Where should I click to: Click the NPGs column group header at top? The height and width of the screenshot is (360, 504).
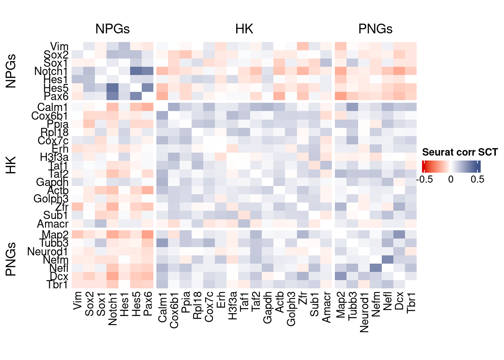112,29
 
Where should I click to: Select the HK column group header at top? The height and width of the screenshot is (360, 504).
244,29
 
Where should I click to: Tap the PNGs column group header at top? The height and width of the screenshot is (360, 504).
375,29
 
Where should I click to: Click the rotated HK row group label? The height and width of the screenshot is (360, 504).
11,165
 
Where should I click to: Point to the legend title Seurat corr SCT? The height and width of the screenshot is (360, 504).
460,152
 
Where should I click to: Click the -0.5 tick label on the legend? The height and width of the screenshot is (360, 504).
424,179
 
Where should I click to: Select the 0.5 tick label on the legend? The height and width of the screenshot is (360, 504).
477,179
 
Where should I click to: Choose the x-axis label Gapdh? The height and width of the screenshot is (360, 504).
267,308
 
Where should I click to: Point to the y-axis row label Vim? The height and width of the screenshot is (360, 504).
59,46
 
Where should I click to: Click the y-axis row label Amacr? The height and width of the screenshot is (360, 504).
53,224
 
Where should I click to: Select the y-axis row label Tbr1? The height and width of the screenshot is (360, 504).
57,285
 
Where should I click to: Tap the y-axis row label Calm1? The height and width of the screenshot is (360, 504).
53,108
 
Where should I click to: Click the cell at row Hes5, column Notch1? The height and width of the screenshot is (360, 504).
112,88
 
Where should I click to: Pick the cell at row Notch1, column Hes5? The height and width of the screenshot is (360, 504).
136,71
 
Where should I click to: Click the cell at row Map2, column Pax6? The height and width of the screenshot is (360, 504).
148,235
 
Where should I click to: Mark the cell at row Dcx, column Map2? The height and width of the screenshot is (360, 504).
340,276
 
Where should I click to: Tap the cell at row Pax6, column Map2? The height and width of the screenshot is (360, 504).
340,96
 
